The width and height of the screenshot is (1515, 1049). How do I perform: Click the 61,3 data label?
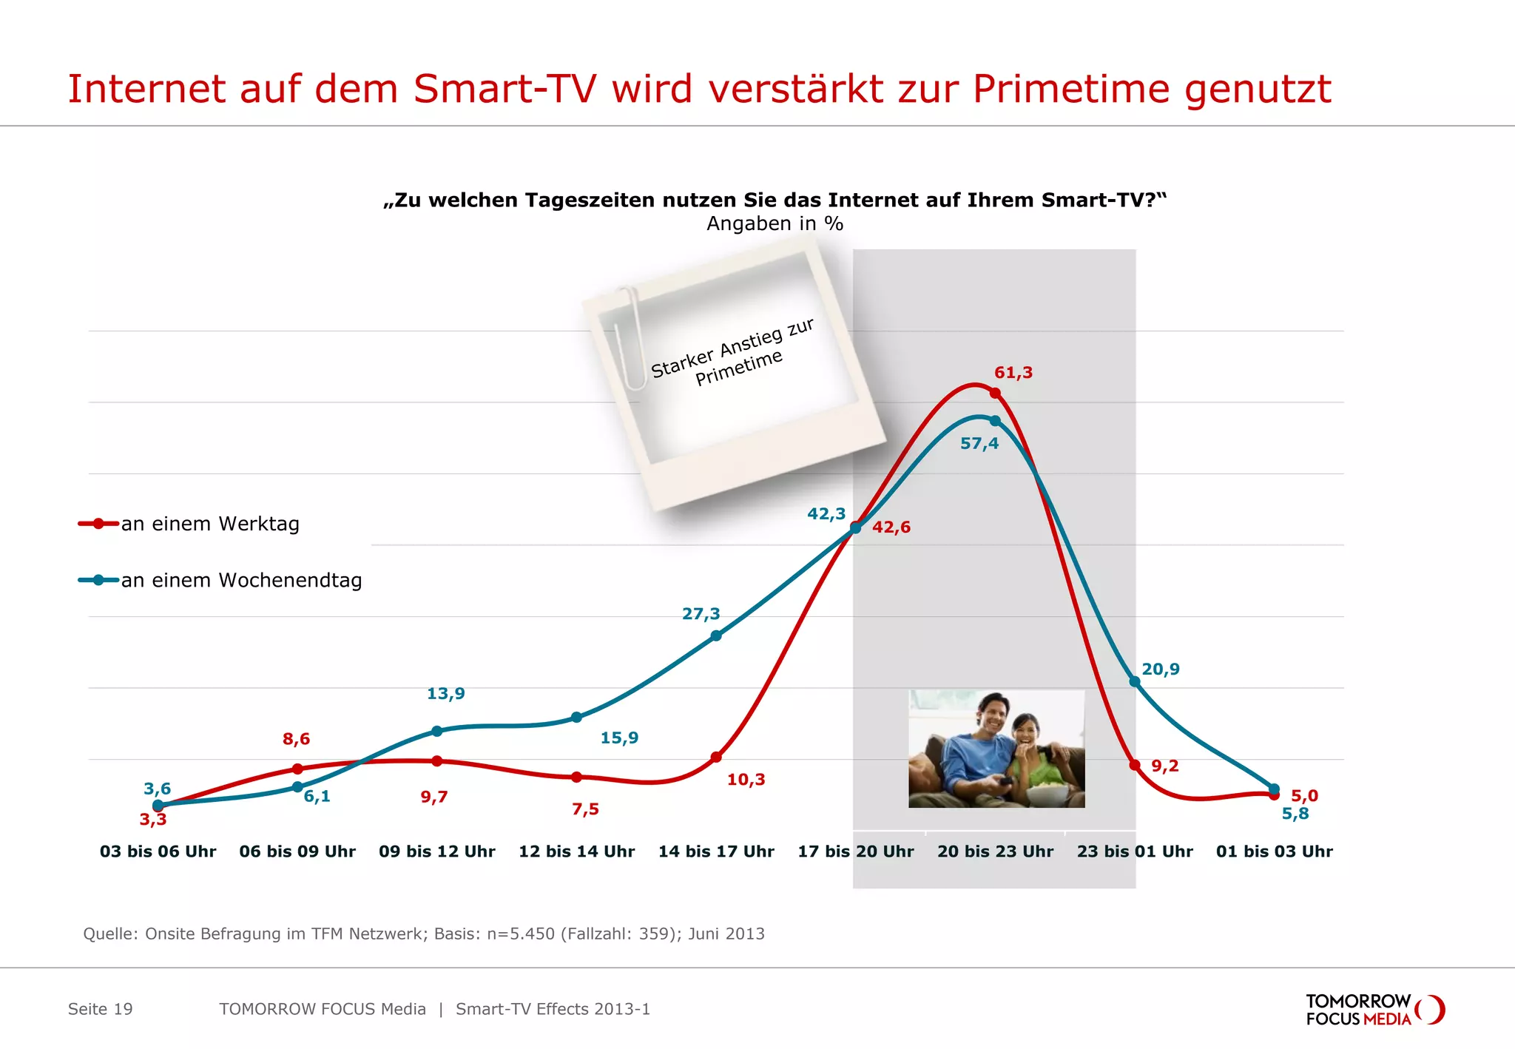click(1013, 373)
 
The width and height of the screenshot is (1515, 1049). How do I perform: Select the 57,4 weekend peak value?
click(979, 444)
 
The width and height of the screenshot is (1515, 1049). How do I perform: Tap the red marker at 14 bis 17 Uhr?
click(716, 758)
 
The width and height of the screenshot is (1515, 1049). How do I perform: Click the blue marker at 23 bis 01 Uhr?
click(1135, 681)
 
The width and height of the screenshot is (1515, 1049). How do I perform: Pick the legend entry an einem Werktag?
click(209, 524)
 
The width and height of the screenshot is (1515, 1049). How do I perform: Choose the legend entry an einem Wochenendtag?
click(241, 581)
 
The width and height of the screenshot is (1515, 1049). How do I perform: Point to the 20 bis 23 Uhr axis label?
click(995, 851)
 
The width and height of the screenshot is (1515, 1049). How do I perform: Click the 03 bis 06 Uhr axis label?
click(158, 851)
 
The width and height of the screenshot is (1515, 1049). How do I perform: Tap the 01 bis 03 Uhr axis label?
click(1274, 851)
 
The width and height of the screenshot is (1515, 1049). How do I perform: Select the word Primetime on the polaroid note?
click(738, 368)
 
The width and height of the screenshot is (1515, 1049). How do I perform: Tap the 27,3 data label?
click(701, 614)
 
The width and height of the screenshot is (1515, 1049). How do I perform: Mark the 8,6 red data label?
click(296, 739)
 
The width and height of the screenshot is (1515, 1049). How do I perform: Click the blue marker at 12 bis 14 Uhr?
click(577, 718)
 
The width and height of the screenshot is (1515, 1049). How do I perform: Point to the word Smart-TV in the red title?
click(505, 90)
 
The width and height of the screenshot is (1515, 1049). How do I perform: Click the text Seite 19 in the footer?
click(100, 1009)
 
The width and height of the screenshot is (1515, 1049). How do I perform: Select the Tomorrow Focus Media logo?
click(1374, 1010)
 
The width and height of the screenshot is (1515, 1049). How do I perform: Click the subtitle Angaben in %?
click(775, 223)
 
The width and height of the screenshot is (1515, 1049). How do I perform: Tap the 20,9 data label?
click(1160, 669)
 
